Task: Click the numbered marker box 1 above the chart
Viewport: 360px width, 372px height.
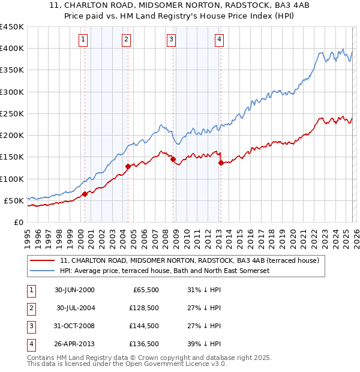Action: [82, 40]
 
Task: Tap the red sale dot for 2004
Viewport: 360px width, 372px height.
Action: [128, 166]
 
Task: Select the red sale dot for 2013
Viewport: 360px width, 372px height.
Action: [221, 163]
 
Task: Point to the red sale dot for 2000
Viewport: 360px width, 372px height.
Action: [85, 193]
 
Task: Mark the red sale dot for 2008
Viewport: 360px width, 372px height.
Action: [173, 159]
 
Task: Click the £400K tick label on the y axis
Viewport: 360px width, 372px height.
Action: [11, 49]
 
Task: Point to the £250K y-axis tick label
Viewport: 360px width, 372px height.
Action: [11, 113]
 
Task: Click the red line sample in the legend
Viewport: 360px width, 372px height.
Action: [42, 261]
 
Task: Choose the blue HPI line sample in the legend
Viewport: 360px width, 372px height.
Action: [42, 271]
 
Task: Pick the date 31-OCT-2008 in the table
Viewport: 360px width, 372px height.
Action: [75, 326]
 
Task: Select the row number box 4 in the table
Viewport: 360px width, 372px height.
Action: [31, 344]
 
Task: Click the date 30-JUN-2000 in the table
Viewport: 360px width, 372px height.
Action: [75, 290]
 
